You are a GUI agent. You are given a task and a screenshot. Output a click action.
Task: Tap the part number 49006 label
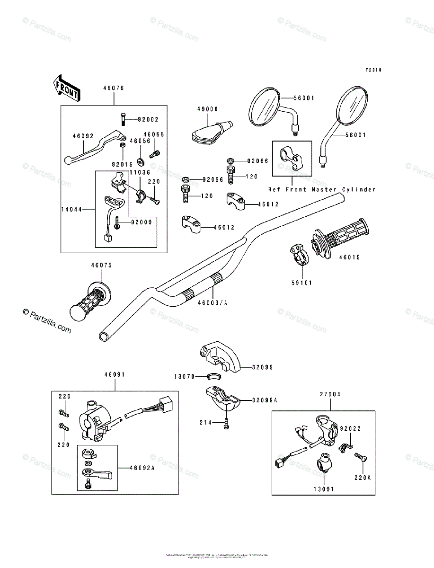point(208,109)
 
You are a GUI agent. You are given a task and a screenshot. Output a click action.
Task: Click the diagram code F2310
point(373,70)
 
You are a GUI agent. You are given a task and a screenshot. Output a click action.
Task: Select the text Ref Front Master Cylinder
point(322,189)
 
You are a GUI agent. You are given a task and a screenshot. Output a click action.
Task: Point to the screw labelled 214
point(226,423)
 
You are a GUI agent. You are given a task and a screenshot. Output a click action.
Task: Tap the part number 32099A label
point(264,400)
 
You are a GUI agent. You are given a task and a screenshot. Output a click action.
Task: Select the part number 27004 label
point(330,394)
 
